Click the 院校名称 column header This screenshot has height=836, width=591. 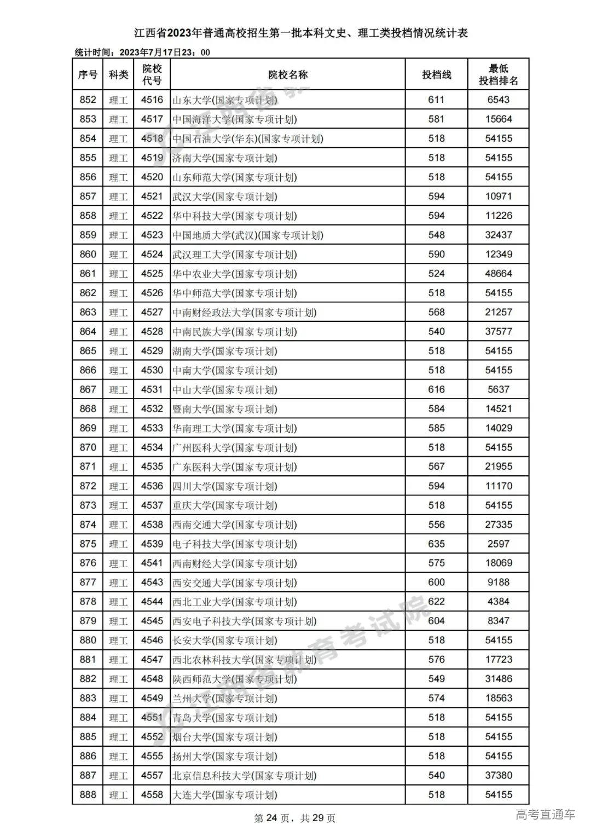(x=287, y=75)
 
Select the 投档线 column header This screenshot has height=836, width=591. (x=436, y=75)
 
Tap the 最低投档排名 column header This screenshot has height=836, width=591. (x=498, y=75)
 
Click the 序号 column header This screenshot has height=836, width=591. (x=88, y=75)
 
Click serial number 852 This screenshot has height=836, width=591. (x=88, y=100)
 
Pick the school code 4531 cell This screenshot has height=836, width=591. (x=152, y=389)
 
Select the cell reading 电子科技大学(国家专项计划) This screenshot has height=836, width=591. (x=234, y=544)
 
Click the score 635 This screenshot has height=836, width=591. (x=436, y=544)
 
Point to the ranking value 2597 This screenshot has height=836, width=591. (x=498, y=544)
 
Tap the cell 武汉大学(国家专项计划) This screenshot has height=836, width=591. (x=224, y=197)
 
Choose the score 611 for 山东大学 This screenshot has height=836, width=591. (x=436, y=100)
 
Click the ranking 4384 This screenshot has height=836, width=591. (x=498, y=602)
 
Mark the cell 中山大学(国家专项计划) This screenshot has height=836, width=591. (x=224, y=390)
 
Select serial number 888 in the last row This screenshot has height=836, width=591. (x=88, y=794)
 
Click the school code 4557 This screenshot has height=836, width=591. (x=152, y=775)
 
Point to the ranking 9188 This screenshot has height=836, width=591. (x=498, y=583)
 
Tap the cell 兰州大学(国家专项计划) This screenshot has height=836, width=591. (x=224, y=699)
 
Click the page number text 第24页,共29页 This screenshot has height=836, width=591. (x=295, y=818)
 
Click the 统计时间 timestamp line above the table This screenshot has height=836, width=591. (x=142, y=53)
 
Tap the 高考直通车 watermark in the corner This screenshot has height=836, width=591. (x=545, y=815)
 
